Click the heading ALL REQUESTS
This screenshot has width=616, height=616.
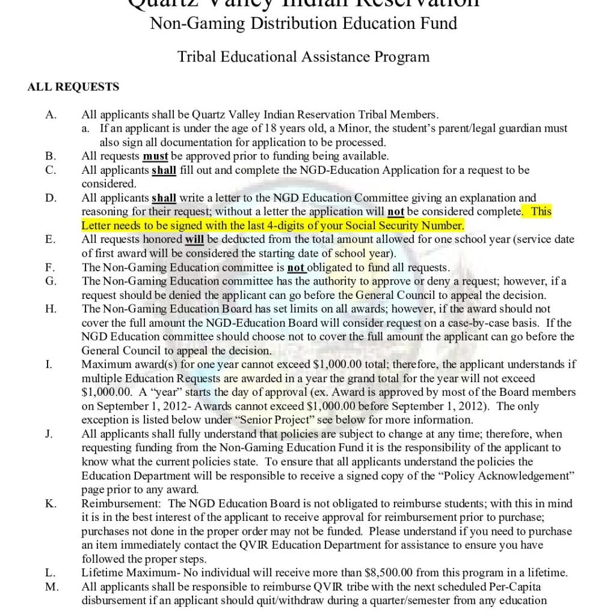pos(73,87)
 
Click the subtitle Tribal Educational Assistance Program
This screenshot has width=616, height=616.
pos(303,57)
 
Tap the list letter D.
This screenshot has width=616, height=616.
pos(51,198)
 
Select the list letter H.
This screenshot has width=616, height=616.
pos(51,309)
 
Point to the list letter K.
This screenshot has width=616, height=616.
pos(51,504)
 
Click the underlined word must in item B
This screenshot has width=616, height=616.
pos(155,156)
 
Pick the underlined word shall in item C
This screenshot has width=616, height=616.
pos(164,170)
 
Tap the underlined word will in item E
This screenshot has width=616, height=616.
pos(194,239)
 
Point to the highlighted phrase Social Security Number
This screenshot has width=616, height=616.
pos(404,226)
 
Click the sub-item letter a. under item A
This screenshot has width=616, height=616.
pos(87,129)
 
